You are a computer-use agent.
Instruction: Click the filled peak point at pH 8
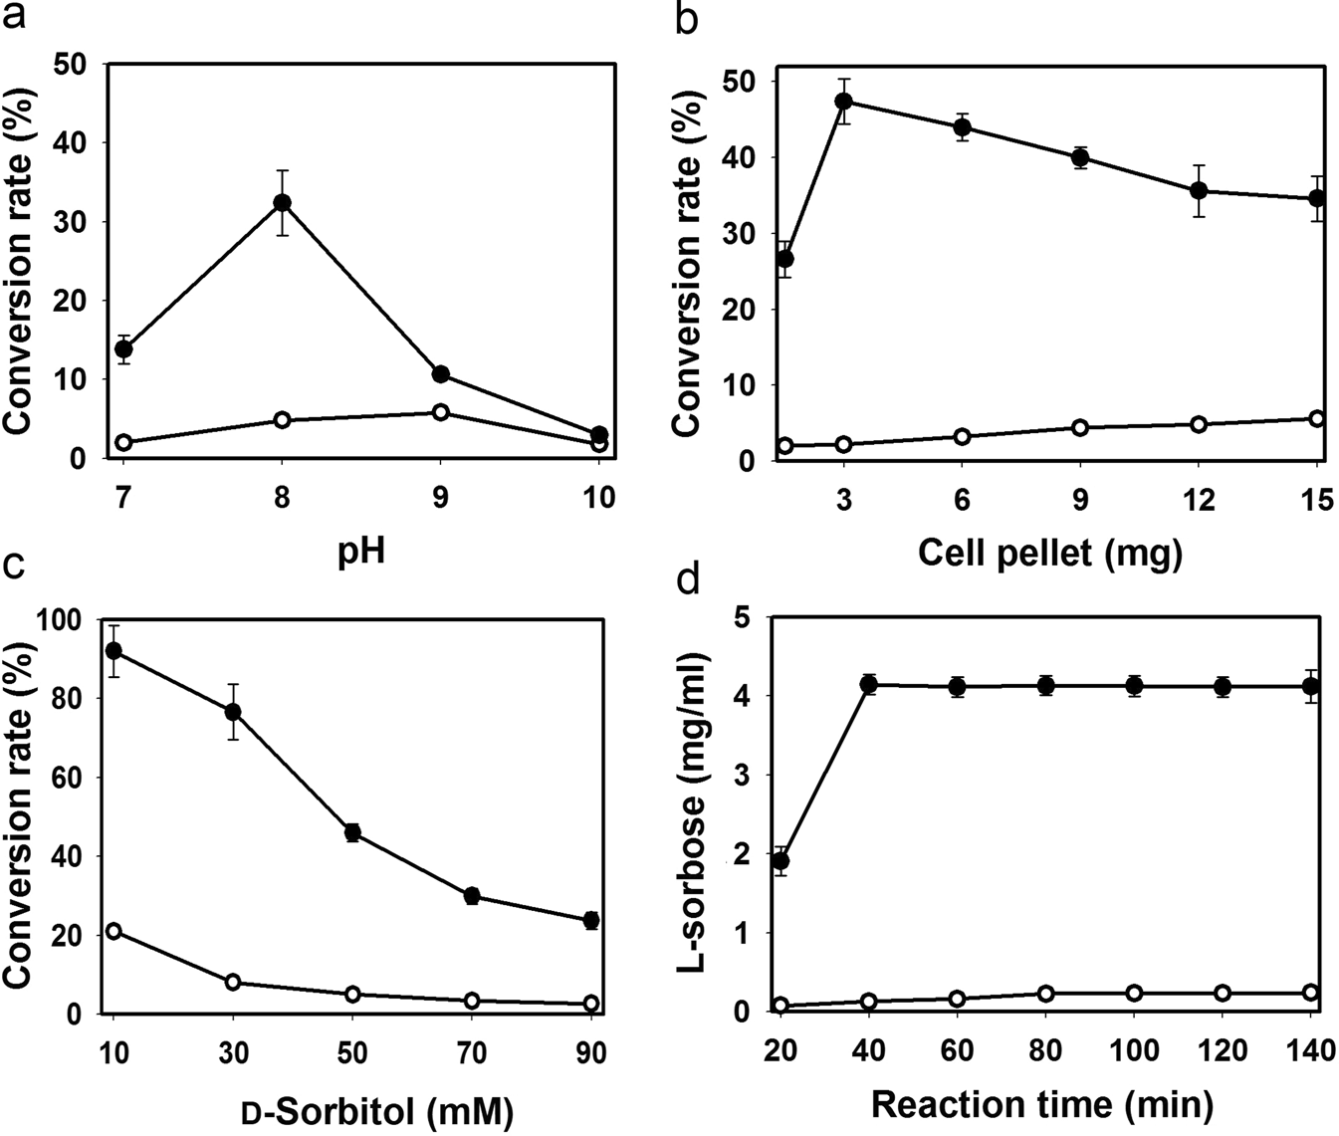283,203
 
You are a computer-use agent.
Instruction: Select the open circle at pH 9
440,412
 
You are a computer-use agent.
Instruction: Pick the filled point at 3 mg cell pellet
843,101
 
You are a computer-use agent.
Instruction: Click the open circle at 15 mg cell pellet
1317,419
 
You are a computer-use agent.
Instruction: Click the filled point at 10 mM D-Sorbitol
113,651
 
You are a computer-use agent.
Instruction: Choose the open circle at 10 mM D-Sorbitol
113,931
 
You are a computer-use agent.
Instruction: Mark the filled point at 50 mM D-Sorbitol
352,833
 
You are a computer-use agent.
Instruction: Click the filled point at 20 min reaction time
781,860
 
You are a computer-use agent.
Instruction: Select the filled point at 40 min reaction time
868,684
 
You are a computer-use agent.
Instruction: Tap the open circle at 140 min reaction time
1311,993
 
